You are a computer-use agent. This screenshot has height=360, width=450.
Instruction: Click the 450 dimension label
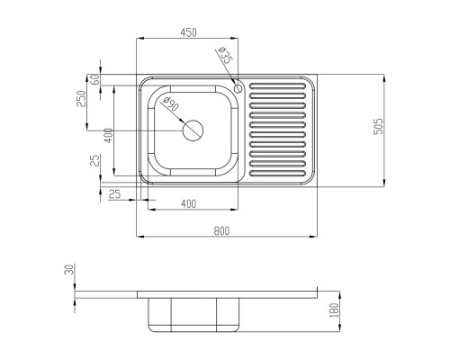point(188,32)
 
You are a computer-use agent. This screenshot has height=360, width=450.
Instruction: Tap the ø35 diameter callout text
point(225,56)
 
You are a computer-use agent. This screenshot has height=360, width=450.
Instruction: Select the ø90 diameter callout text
point(171,103)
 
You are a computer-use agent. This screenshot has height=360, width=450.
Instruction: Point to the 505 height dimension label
point(379,126)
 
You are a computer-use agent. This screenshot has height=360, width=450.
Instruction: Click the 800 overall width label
point(221,230)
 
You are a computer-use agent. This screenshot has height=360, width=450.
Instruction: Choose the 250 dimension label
point(81,98)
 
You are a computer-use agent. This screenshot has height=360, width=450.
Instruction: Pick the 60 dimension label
point(94,79)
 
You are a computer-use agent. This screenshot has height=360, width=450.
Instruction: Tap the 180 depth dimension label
point(334,310)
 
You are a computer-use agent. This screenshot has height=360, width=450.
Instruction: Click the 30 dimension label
point(69,269)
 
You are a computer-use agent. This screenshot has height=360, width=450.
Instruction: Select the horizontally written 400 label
point(188,204)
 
